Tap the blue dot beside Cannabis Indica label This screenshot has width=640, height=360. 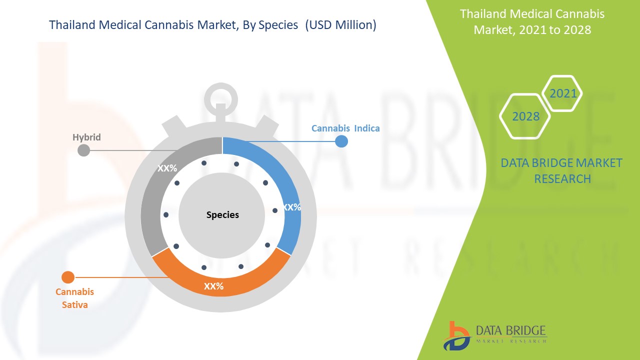[341, 141]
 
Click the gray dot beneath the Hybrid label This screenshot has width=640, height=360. [83, 150]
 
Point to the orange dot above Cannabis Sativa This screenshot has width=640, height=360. [68, 277]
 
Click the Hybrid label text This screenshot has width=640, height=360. [86, 137]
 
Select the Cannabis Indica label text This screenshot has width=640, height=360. [345, 128]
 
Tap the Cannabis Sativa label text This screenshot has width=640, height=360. [74, 298]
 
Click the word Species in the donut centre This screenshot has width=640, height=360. [222, 214]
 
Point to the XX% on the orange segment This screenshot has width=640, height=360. [213, 286]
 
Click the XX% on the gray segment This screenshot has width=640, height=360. [167, 168]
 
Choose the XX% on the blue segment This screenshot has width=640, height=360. [291, 207]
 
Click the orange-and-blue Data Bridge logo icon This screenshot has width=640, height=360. [456, 336]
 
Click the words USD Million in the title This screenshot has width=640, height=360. [340, 25]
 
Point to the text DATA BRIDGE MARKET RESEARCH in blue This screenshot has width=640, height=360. [561, 171]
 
